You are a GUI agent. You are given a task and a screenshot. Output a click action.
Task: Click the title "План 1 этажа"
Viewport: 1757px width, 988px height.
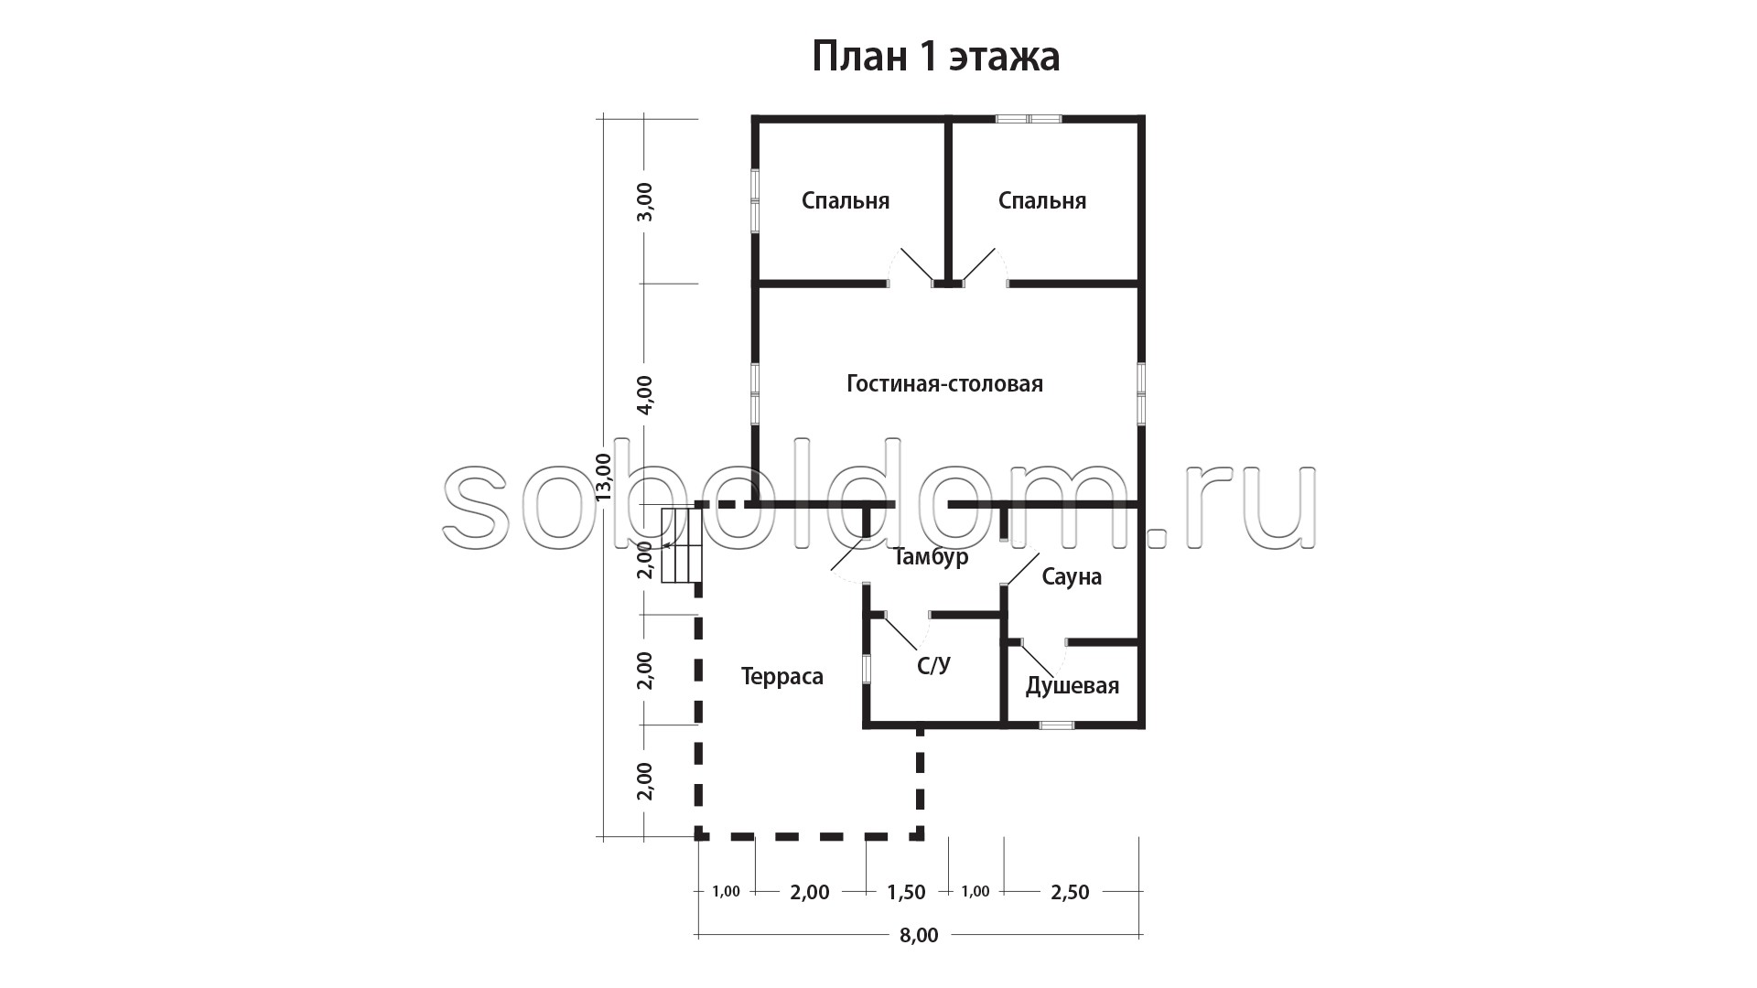(936, 57)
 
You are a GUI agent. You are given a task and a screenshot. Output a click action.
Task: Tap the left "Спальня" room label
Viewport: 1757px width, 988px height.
(846, 200)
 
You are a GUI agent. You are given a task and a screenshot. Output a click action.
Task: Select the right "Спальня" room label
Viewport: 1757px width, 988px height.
(1042, 200)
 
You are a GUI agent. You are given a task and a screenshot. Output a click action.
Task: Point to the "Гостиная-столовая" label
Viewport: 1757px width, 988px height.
(944, 383)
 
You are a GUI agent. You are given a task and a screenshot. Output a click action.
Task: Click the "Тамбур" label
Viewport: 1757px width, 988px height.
(931, 556)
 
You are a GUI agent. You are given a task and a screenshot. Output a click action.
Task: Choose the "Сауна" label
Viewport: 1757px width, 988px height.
(1072, 576)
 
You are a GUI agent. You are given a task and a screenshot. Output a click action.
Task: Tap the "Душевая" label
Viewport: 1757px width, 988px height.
(1073, 685)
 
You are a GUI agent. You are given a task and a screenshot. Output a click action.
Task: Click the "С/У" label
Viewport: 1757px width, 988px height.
(933, 665)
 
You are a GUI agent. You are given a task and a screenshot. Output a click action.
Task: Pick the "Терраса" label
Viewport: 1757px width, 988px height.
(781, 676)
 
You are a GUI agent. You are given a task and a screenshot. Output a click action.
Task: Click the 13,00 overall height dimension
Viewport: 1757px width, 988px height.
(604, 477)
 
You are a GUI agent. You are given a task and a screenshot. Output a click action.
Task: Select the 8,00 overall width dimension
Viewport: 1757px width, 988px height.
(919, 935)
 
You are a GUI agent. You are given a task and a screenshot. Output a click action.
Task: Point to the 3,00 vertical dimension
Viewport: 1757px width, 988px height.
(645, 201)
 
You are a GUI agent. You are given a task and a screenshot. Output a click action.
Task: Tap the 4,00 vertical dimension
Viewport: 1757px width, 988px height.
(645, 394)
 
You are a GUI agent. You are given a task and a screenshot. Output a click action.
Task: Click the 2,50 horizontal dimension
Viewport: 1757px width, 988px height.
(1070, 892)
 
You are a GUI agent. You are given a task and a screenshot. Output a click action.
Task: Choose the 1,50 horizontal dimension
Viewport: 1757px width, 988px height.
(907, 892)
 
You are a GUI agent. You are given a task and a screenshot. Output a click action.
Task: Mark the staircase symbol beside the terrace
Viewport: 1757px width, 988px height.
(682, 545)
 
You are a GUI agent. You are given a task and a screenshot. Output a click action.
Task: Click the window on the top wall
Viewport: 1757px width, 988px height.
(1029, 118)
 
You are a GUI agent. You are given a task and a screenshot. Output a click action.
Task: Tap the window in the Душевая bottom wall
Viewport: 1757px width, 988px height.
(1057, 725)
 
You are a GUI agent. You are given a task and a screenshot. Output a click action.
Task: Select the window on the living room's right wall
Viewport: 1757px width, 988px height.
(1142, 394)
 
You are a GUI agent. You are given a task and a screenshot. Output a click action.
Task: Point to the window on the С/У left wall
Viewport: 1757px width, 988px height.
(866, 667)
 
